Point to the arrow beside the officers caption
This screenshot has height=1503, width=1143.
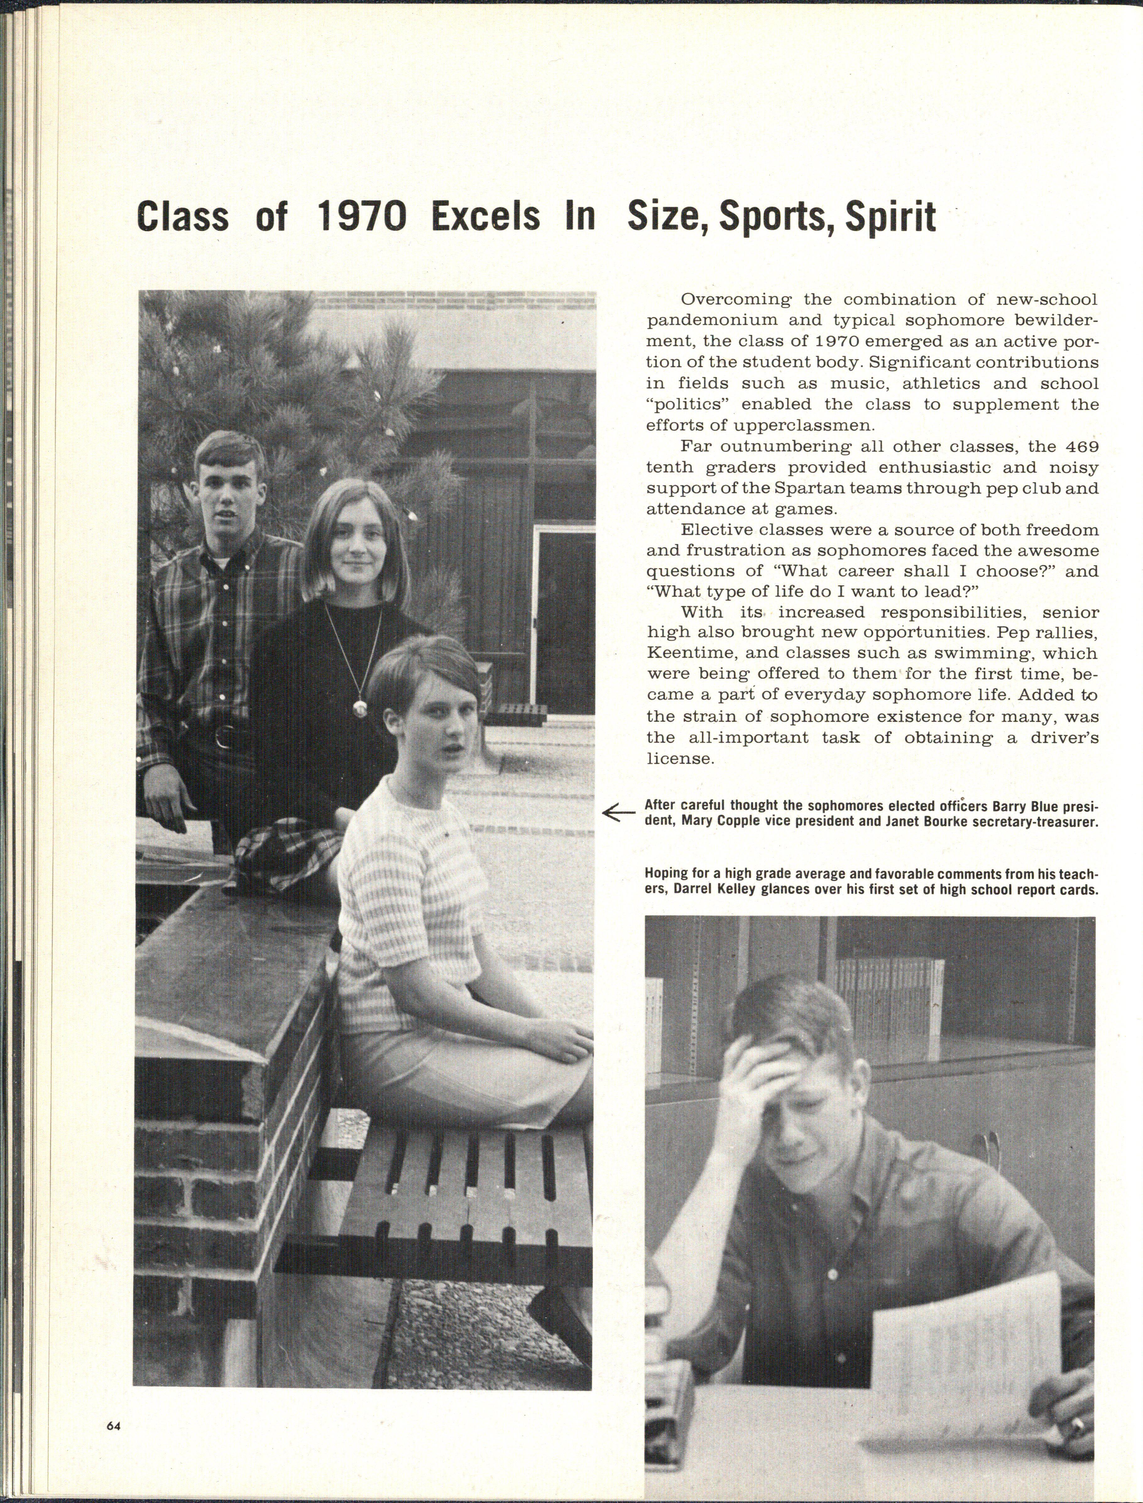point(618,812)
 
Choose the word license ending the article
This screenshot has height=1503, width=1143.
point(680,758)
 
